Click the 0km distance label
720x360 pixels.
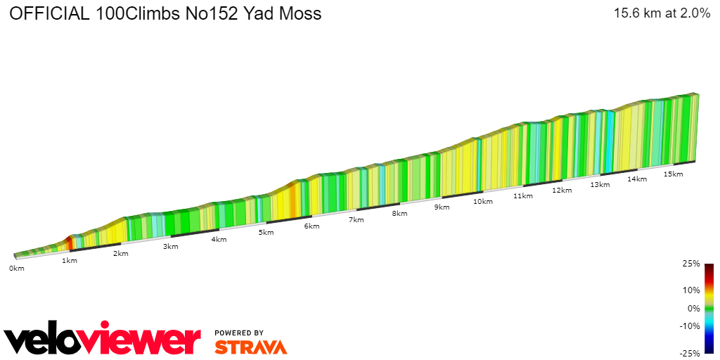pyautogui.click(x=16, y=269)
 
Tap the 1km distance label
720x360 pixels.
pyautogui.click(x=69, y=261)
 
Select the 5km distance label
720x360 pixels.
pyautogui.click(x=265, y=233)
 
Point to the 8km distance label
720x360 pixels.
pyautogui.click(x=400, y=214)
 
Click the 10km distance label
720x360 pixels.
pyautogui.click(x=482, y=202)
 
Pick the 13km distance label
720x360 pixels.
pyautogui.click(x=600, y=185)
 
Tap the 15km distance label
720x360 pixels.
pyautogui.click(x=673, y=174)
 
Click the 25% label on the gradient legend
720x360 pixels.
pyautogui.click(x=692, y=264)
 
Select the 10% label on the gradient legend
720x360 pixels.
pyautogui.click(x=692, y=290)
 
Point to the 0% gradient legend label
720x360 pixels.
pyautogui.click(x=694, y=308)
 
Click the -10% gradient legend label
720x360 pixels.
pyautogui.click(x=690, y=326)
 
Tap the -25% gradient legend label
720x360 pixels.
pyautogui.click(x=690, y=353)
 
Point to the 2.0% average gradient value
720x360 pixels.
pyautogui.click(x=694, y=13)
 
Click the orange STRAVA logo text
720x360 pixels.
pyautogui.click(x=250, y=347)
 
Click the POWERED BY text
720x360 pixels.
pyautogui.click(x=239, y=333)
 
